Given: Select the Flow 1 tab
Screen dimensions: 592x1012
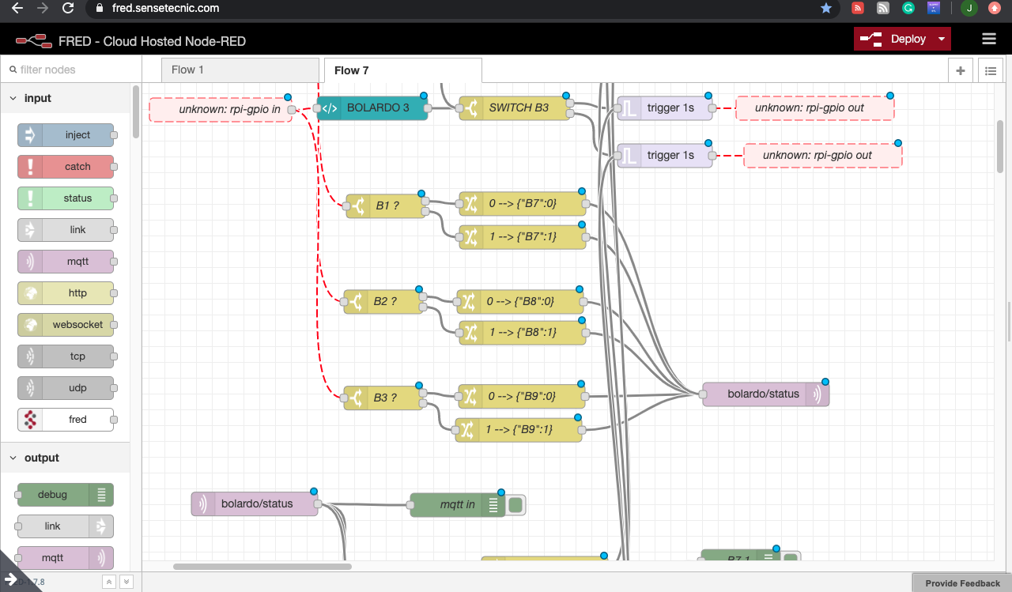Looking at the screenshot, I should [x=188, y=70].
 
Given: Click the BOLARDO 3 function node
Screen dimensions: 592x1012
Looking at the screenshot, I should [x=377, y=107].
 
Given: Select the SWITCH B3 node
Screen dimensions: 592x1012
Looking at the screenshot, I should [x=518, y=107].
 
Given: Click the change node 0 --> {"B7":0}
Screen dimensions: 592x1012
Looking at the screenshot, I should [x=523, y=204].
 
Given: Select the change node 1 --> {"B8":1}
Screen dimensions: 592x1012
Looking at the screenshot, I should [x=523, y=333].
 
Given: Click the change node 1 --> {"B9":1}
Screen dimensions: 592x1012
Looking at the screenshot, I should [x=519, y=429].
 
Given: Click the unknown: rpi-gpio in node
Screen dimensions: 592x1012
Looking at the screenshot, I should [x=228, y=109].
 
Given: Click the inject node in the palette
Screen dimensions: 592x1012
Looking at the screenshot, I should [x=77, y=135].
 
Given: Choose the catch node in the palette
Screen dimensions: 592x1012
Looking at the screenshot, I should [x=77, y=167].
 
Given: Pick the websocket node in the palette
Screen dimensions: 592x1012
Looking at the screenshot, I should [x=77, y=325].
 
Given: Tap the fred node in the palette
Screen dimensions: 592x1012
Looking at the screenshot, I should [x=77, y=420].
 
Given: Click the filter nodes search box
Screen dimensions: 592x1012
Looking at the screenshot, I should [x=71, y=70].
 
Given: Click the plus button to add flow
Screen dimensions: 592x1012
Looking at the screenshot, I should [x=961, y=70].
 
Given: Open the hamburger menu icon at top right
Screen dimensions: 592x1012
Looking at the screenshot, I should [x=988, y=39].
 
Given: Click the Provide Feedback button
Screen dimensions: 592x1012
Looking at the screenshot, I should [x=962, y=583].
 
